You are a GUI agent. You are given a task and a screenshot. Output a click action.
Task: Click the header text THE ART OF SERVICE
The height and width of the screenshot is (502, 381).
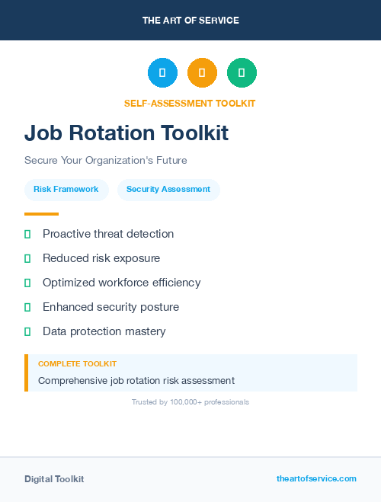pyautogui.click(x=190, y=21)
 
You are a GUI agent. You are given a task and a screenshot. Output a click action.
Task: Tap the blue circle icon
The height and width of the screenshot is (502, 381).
pyautogui.click(x=162, y=73)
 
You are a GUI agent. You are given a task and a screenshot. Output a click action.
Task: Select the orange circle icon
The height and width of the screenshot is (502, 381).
pyautogui.click(x=202, y=73)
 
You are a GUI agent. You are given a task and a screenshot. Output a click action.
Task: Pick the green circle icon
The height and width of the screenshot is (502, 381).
pyautogui.click(x=242, y=73)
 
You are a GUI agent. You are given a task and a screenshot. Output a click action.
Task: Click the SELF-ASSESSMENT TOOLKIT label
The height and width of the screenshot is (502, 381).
pyautogui.click(x=190, y=103)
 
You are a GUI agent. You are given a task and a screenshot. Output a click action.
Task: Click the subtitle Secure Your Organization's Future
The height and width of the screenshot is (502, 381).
pyautogui.click(x=105, y=161)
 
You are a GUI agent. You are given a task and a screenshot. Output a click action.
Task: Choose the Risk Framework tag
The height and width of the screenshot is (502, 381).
pyautogui.click(x=66, y=190)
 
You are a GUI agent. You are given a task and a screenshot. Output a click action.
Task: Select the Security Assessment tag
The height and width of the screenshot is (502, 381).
pyautogui.click(x=168, y=190)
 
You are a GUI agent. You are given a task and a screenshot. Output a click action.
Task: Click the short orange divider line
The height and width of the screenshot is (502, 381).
pyautogui.click(x=41, y=214)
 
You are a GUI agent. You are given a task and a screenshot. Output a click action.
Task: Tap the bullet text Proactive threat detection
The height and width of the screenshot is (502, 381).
pyautogui.click(x=108, y=234)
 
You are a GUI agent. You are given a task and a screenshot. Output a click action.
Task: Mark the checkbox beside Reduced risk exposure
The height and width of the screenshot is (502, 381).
pyautogui.click(x=27, y=258)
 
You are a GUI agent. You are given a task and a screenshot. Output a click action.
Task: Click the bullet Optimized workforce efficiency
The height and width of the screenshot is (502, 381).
pyautogui.click(x=121, y=283)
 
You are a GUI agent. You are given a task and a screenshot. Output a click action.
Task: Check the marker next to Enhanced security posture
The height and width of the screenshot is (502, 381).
pyautogui.click(x=27, y=307)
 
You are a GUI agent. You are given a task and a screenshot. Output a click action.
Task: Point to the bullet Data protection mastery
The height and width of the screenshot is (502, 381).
pyautogui.click(x=104, y=331)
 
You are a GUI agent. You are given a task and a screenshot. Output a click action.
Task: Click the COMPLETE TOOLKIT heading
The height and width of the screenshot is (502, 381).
pyautogui.click(x=77, y=364)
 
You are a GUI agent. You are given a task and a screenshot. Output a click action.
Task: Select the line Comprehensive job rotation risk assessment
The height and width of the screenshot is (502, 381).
pyautogui.click(x=136, y=380)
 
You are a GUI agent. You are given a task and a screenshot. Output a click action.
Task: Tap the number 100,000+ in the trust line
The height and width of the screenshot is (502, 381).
pyautogui.click(x=187, y=401)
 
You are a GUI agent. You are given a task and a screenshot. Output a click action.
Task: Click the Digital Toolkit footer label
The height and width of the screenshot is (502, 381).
pyautogui.click(x=54, y=479)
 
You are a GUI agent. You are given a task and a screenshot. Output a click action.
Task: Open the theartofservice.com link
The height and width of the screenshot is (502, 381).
pyautogui.click(x=316, y=478)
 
